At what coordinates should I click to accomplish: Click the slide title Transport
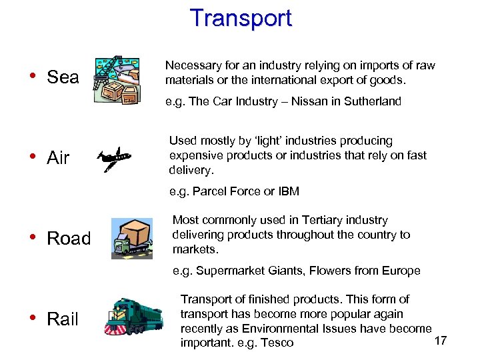pos(241,18)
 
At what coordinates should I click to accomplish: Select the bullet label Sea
pos(63,77)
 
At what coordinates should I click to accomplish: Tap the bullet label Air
pos(58,158)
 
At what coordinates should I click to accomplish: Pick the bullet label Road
pos(69,239)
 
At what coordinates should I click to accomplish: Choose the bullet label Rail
pos(63,319)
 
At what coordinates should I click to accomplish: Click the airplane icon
pos(113,159)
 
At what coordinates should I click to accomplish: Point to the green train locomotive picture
pos(133,315)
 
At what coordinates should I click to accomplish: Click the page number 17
pos(440,341)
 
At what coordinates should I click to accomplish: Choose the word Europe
pos(401,271)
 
